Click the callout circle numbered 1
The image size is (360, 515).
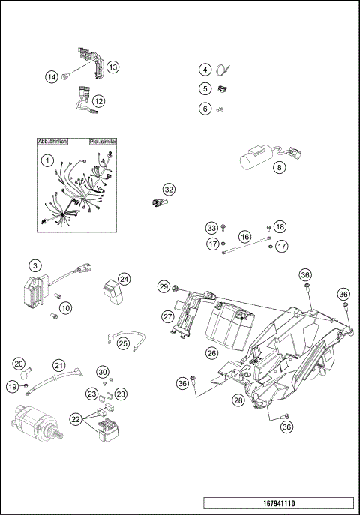(46, 160)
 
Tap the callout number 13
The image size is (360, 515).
(112, 67)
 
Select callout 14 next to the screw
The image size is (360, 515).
(52, 76)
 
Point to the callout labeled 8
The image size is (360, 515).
(280, 168)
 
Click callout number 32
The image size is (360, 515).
(169, 190)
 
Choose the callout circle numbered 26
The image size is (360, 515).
(212, 352)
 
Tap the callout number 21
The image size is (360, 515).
(57, 365)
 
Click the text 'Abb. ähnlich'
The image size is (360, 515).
(53, 141)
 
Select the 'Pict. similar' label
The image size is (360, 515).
(102, 141)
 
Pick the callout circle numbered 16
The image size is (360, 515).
(244, 236)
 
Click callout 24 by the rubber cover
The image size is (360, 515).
(124, 279)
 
